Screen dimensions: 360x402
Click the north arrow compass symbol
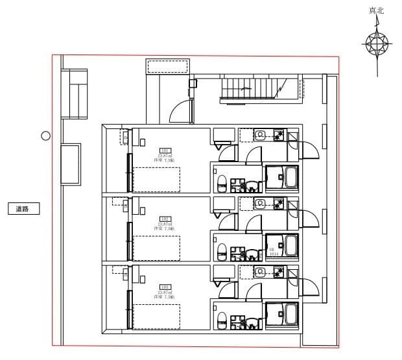pos(377,44)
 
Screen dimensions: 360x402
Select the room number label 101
pos(165,150)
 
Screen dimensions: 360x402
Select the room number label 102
pos(165,219)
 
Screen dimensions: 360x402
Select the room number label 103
pos(165,287)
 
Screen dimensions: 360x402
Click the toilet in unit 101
pos(222,182)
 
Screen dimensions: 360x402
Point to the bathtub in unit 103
pos(282,314)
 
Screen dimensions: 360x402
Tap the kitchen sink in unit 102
pos(260,203)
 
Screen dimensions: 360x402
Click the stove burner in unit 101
pos(280,135)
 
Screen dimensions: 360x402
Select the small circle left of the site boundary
pos(45,136)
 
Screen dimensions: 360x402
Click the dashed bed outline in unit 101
pos(156,179)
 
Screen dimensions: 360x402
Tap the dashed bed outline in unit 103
pos(156,317)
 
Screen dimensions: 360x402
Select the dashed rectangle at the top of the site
pos(167,66)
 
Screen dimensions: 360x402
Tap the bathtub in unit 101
pos(282,176)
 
